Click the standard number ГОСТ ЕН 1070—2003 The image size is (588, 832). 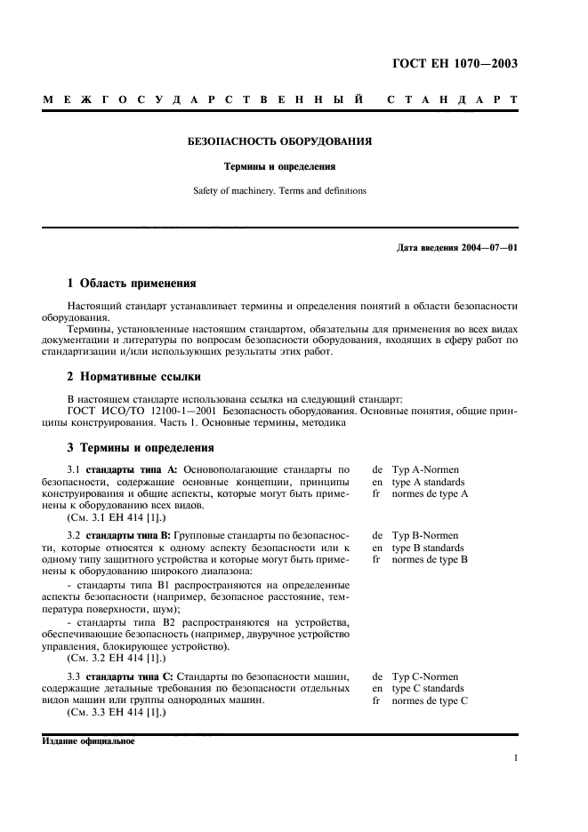(x=455, y=63)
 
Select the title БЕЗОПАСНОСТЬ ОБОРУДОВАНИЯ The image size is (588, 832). (x=278, y=141)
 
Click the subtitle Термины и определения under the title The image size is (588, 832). (x=278, y=166)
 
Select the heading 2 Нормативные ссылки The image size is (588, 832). (x=133, y=377)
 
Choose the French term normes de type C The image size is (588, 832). (x=430, y=700)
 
